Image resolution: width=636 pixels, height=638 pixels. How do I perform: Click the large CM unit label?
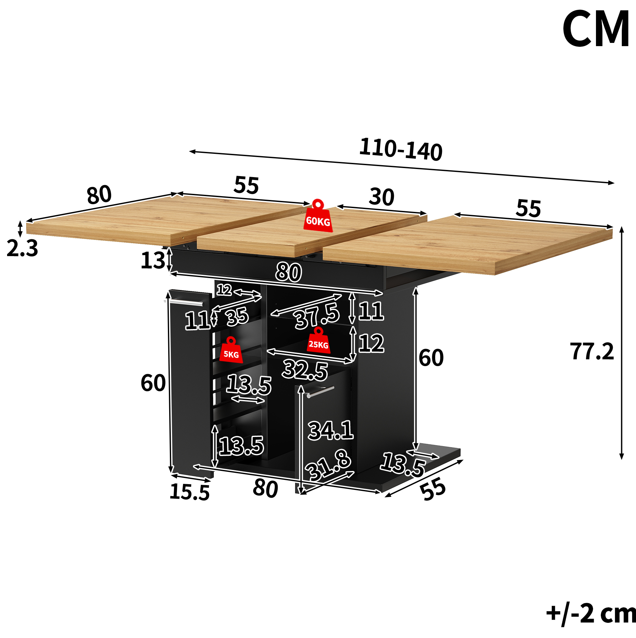[596, 29]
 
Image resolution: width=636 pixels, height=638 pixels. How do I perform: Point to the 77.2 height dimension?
[592, 351]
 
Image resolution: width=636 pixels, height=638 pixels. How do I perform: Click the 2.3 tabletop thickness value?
[23, 248]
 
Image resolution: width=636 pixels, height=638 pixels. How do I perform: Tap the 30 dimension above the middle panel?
[382, 197]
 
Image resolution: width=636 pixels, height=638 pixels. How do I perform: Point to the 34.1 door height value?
[331, 430]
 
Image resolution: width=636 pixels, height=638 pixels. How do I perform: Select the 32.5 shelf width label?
[305, 370]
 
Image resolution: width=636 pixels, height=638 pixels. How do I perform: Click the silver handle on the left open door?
[184, 303]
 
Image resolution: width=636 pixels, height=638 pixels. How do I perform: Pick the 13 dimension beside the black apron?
[153, 260]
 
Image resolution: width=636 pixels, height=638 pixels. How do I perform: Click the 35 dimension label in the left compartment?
[237, 316]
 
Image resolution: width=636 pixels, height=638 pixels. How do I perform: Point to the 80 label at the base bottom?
[265, 488]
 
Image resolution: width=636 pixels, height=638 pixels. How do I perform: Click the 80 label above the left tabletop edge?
[99, 195]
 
